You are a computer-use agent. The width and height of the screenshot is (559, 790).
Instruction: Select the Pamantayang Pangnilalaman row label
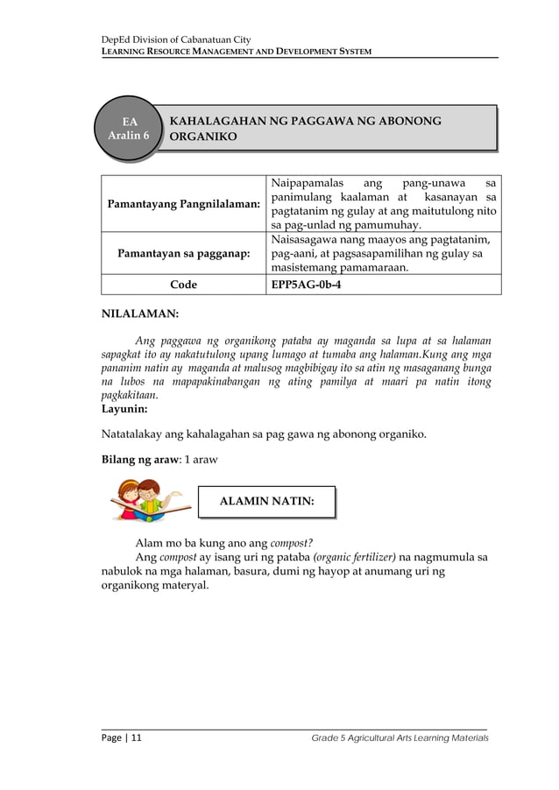183,203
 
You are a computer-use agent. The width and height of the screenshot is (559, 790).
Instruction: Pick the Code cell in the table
183,285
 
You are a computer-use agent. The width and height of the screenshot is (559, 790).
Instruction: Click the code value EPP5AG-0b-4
306,285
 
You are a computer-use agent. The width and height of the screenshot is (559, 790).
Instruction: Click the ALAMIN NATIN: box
266,502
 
